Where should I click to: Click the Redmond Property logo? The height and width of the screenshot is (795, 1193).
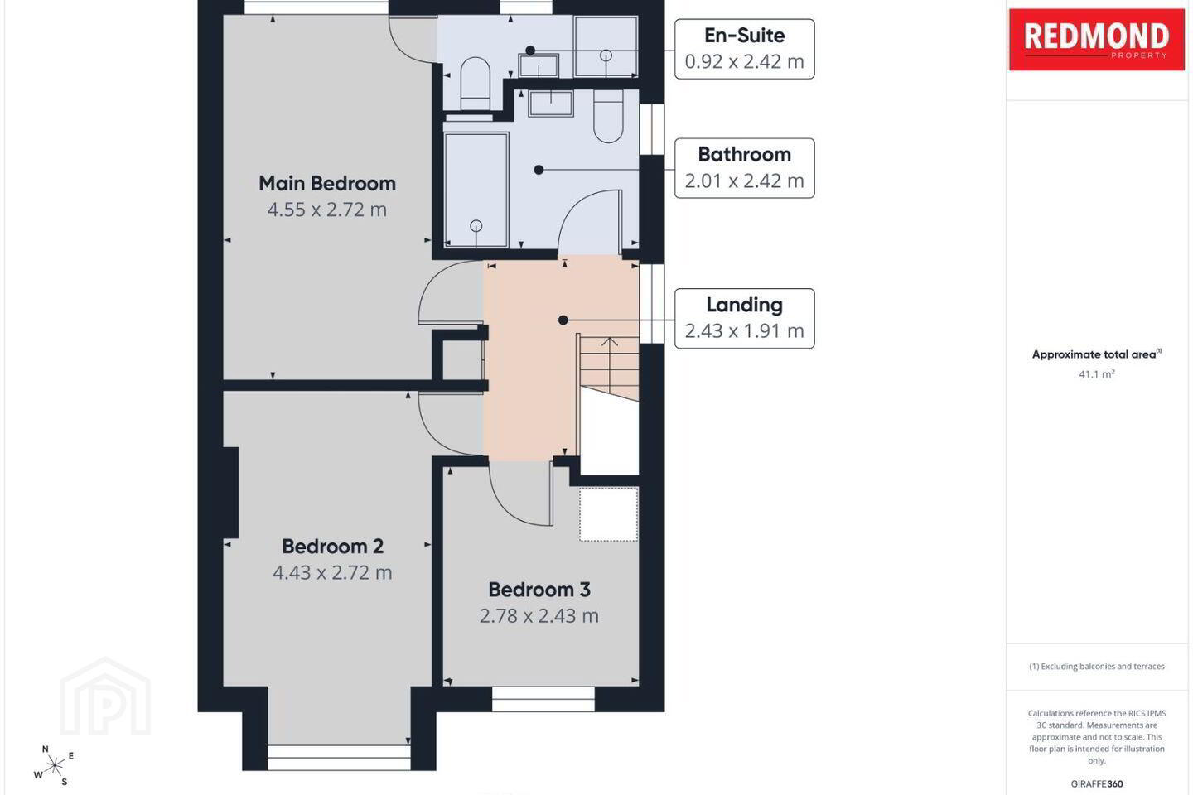tap(1097, 40)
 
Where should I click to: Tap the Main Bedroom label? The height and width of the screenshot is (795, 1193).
tap(327, 183)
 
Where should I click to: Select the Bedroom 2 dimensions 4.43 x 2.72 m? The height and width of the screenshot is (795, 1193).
tap(332, 572)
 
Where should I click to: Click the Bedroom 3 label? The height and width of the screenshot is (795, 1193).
tap(539, 590)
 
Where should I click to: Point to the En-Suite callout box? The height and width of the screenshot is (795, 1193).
tap(744, 49)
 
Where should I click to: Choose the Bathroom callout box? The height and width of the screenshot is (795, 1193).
tap(744, 168)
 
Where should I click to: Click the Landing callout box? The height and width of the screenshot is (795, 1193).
tap(744, 319)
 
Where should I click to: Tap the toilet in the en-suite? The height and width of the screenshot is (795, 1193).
tap(475, 84)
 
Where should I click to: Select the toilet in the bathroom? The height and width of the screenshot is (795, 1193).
tap(608, 116)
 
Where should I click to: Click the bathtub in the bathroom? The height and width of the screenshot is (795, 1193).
tap(476, 190)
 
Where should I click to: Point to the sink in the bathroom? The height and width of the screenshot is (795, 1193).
tap(550, 104)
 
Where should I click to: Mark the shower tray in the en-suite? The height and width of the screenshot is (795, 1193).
tap(606, 47)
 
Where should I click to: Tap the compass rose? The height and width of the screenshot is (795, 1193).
tap(54, 766)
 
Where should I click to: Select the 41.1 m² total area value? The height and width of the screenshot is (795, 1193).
tap(1097, 373)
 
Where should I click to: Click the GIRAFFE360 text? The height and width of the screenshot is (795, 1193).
tap(1097, 783)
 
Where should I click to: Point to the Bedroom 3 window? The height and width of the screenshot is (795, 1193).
tap(543, 699)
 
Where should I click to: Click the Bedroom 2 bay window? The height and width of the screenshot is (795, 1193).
tap(339, 757)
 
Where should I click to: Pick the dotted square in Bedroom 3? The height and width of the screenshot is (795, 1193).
tap(609, 514)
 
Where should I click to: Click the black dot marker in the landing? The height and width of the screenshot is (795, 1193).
tap(563, 320)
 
